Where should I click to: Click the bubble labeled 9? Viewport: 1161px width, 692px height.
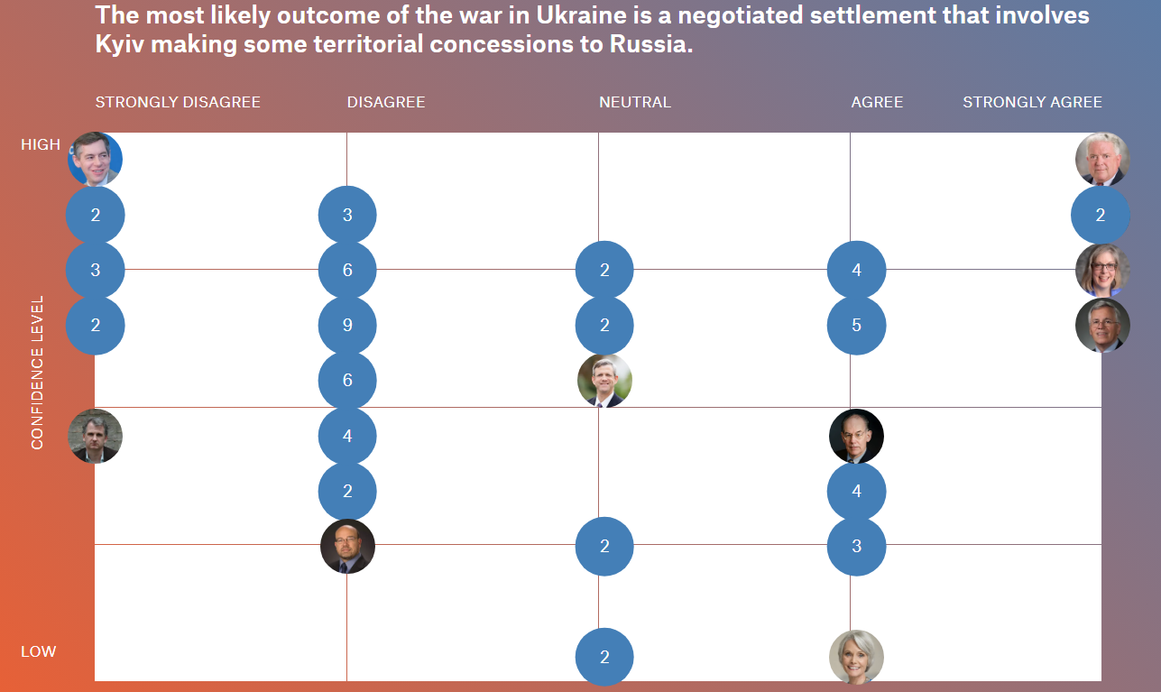point(347,325)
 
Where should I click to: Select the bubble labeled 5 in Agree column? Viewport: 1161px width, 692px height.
point(856,325)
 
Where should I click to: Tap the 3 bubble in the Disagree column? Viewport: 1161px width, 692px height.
point(347,215)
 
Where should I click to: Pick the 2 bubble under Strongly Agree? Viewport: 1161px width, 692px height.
point(1100,215)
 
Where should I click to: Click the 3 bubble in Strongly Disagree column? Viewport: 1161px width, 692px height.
point(96,270)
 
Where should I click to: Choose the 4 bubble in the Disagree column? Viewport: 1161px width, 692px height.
point(347,436)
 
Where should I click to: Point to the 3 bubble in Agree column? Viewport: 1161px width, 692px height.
point(856,546)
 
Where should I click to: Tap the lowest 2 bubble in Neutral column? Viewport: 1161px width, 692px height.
point(604,657)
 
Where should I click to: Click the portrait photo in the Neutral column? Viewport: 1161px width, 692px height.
point(604,381)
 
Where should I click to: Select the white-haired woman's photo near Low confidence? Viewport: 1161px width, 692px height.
point(856,657)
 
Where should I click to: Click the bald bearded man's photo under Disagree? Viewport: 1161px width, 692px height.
point(347,546)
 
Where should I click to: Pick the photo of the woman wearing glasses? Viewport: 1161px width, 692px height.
point(1102,270)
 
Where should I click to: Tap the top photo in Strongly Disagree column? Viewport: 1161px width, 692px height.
point(96,159)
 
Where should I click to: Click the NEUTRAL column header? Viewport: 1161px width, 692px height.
point(635,102)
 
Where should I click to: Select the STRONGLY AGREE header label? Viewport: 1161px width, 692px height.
point(1032,102)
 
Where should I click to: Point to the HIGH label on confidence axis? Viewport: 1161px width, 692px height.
point(41,144)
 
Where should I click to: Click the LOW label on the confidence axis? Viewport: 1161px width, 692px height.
point(38,651)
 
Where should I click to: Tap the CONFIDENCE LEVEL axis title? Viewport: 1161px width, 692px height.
point(38,372)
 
